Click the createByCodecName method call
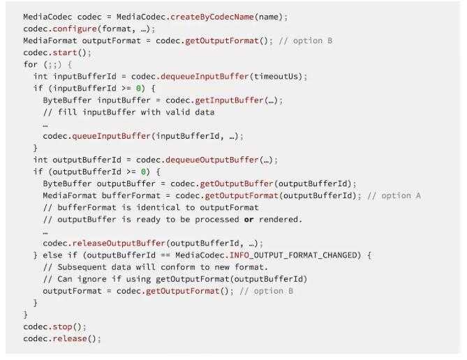[x=212, y=17]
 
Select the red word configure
[x=75, y=29]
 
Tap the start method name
[x=65, y=53]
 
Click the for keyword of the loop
[x=31, y=65]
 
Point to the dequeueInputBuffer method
[x=205, y=77]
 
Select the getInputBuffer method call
[x=230, y=100]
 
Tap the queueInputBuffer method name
[x=112, y=136]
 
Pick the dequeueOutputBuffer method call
[x=212, y=160]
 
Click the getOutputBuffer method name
[x=237, y=183]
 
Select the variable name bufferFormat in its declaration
[x=131, y=195]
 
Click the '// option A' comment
[x=394, y=195]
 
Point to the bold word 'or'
[x=249, y=220]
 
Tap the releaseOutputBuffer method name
[x=119, y=243]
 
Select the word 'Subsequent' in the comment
[x=82, y=267]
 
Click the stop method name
[x=63, y=327]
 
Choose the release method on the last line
[x=70, y=338]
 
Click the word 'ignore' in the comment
[x=92, y=279]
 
